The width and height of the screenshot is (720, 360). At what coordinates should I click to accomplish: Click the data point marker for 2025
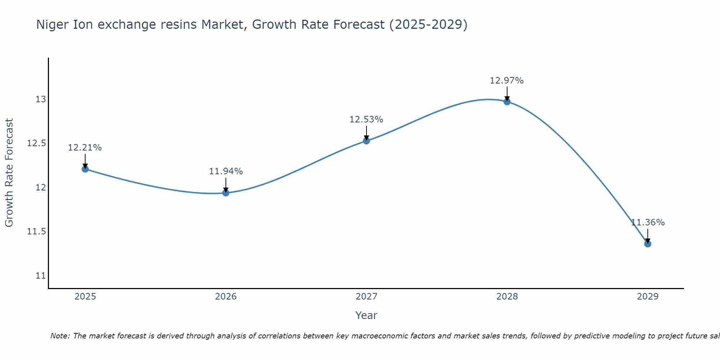point(85,169)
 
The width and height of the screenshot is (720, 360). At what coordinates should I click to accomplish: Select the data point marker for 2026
point(226,193)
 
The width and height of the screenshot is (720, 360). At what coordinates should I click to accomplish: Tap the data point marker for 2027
point(366,141)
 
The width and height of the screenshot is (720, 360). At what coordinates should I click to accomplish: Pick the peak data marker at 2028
point(507,102)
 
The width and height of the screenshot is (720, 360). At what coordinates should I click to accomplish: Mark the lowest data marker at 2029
point(648,244)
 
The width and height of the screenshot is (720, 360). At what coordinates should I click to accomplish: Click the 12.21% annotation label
point(85,148)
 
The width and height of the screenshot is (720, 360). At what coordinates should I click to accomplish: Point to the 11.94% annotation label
point(226,171)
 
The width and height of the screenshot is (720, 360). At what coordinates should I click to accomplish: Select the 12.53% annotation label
point(366,120)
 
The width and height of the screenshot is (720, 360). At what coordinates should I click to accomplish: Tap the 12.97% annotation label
point(507,81)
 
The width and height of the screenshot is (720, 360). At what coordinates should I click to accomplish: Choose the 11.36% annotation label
point(648,222)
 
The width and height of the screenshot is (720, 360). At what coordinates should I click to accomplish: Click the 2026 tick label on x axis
point(226,297)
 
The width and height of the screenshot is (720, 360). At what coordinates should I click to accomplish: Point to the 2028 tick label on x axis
point(507,297)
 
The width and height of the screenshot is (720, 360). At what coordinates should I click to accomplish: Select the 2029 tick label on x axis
point(648,297)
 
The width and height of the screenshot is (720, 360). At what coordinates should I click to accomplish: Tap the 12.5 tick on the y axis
point(37,143)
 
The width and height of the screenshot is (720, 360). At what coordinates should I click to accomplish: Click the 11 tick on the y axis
point(41,276)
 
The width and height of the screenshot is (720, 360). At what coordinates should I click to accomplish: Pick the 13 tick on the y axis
point(41,99)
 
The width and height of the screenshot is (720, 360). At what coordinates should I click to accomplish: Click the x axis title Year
point(366,315)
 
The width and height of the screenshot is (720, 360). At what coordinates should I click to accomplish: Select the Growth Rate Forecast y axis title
point(9,173)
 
